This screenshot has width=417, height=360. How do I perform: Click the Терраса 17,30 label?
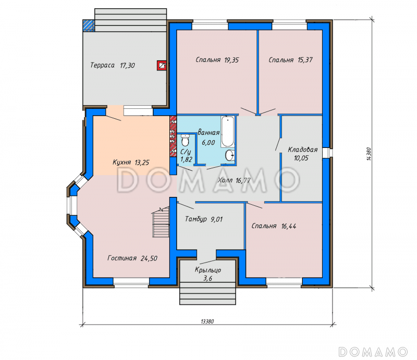(x=113, y=65)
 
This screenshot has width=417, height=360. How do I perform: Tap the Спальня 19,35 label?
(x=217, y=60)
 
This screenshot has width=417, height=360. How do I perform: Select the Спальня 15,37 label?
(x=290, y=60)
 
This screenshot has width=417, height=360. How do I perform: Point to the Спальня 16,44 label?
(x=274, y=226)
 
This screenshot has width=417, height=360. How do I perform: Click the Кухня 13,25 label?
(x=131, y=162)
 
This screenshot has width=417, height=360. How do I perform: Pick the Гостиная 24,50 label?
(x=132, y=258)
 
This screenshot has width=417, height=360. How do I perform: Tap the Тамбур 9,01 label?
(x=204, y=219)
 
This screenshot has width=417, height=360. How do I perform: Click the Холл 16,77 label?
(x=234, y=181)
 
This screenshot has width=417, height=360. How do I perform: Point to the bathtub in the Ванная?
(x=228, y=132)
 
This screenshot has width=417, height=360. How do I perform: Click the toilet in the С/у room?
(x=185, y=140)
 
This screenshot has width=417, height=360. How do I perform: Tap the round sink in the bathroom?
(x=230, y=155)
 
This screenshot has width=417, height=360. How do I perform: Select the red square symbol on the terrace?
(x=162, y=66)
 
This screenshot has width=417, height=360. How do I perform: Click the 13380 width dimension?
(x=207, y=321)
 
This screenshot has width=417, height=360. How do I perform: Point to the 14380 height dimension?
(x=369, y=154)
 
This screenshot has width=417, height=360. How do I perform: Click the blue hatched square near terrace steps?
(x=89, y=26)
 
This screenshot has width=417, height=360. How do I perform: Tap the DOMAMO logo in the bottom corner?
(x=373, y=352)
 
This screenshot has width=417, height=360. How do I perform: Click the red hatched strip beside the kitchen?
(x=173, y=136)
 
